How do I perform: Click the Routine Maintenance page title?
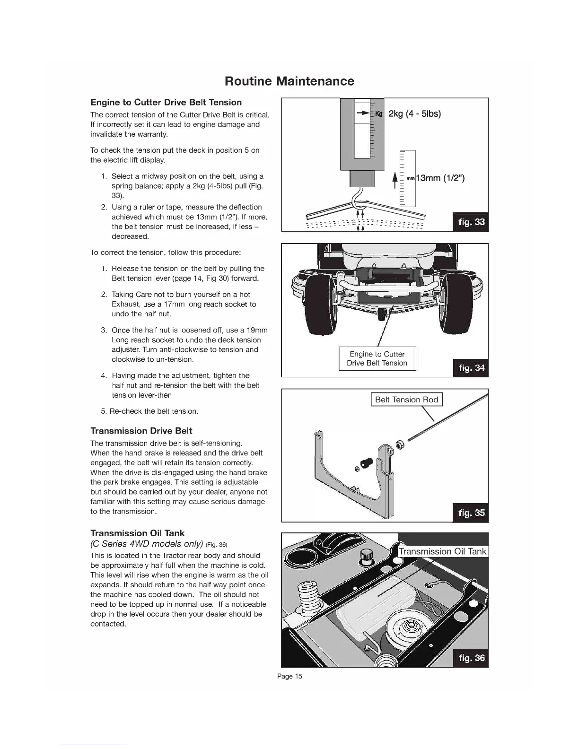[x=289, y=81]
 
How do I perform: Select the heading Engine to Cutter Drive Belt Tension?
[x=166, y=102]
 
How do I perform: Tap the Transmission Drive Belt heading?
[x=141, y=431]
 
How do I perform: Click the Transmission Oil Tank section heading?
[x=137, y=533]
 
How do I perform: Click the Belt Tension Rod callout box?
[x=406, y=400]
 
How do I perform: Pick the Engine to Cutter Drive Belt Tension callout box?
[x=377, y=358]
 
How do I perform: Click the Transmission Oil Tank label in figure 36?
[x=442, y=551]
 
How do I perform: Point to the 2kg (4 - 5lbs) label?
[x=414, y=113]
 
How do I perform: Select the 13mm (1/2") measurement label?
[x=440, y=178]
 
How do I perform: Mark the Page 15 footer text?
[x=289, y=676]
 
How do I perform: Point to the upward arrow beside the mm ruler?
[x=395, y=181]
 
